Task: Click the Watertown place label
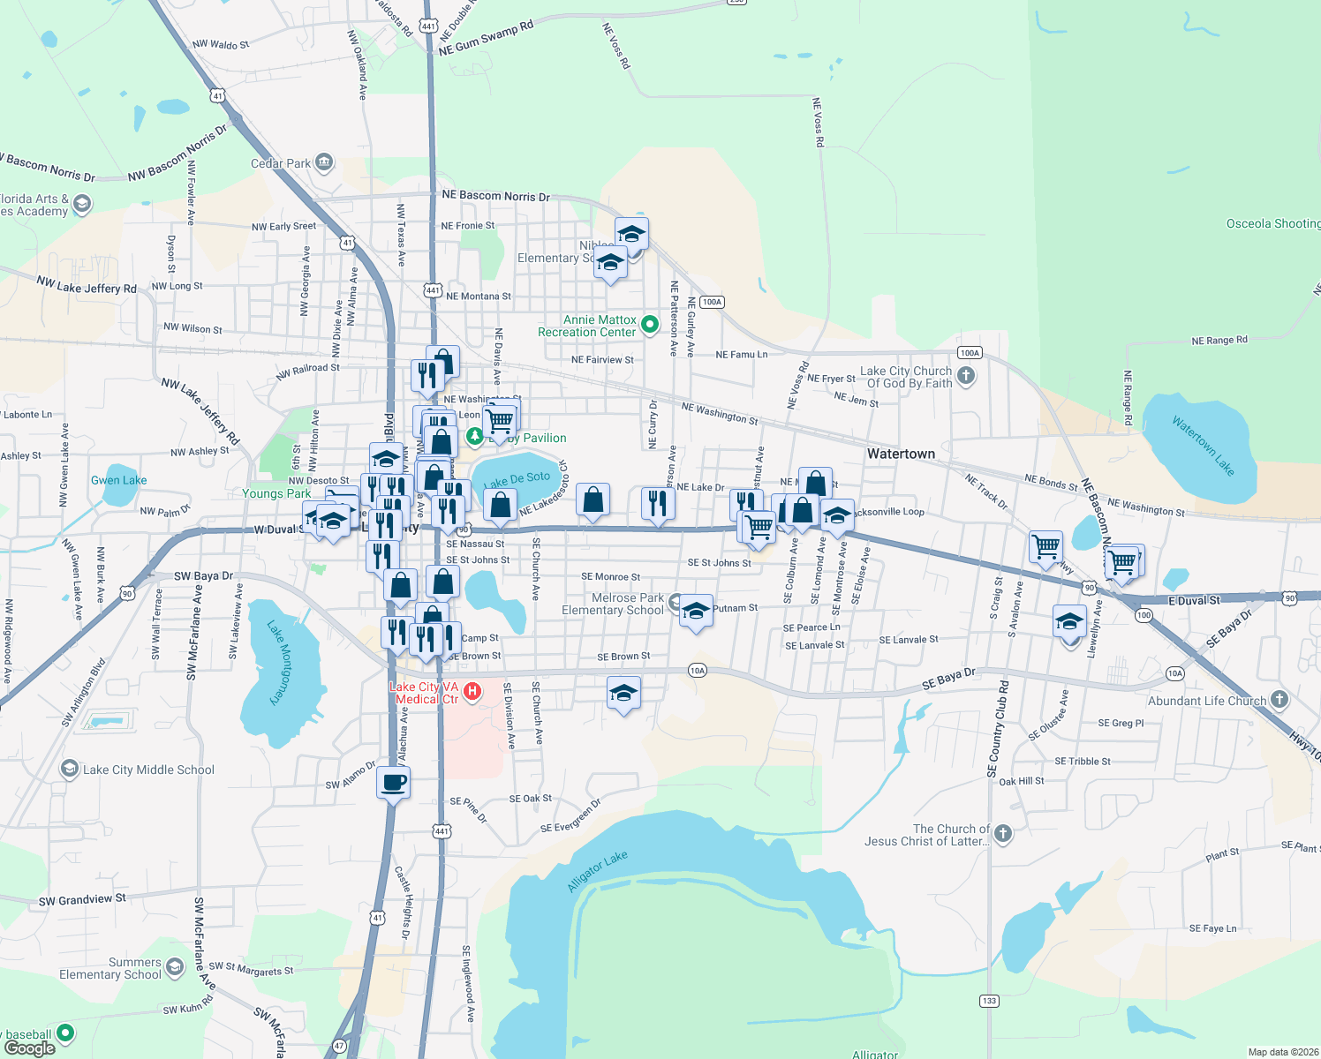[901, 454]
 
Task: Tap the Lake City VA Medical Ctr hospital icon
[472, 692]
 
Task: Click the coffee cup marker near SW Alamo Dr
[393, 782]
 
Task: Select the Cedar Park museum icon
[324, 162]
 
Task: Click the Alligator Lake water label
[598, 872]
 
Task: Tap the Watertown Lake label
[1203, 446]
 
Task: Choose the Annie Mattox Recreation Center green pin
[650, 325]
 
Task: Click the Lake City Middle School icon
[69, 770]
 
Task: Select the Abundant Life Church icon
[1279, 701]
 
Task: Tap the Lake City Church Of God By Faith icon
[966, 377]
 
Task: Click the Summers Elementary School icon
[175, 968]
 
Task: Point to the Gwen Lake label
[119, 480]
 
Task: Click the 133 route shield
[989, 1001]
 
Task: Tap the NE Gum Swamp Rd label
[486, 39]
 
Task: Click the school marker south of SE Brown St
[623, 695]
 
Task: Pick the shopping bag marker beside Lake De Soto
[501, 505]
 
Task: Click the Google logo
[29, 1048]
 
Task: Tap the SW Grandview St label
[82, 899]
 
